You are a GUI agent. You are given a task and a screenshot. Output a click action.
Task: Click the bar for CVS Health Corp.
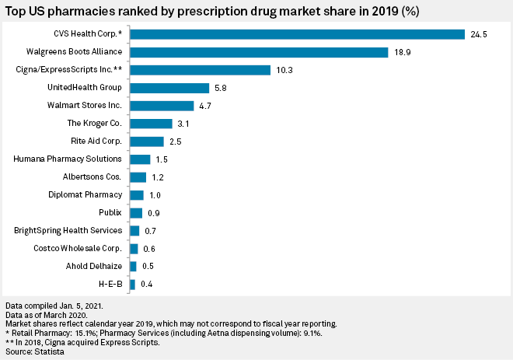[297, 34]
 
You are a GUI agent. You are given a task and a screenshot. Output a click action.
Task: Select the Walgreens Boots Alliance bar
[259, 52]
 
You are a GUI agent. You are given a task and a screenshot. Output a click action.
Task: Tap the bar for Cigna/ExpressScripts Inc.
[200, 70]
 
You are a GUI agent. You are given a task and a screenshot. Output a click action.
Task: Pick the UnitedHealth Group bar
[169, 88]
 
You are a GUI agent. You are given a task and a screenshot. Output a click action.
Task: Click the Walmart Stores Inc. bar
[162, 106]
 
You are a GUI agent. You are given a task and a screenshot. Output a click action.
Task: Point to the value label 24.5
[478, 34]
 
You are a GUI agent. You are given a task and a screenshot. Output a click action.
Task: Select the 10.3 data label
[284, 70]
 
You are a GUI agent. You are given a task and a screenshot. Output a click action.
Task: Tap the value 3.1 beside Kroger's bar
[184, 124]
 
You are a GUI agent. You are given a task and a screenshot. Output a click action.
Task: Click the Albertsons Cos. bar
[138, 177]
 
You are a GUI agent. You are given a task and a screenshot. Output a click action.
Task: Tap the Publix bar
[136, 213]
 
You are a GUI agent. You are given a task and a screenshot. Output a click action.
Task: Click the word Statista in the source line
[48, 352]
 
